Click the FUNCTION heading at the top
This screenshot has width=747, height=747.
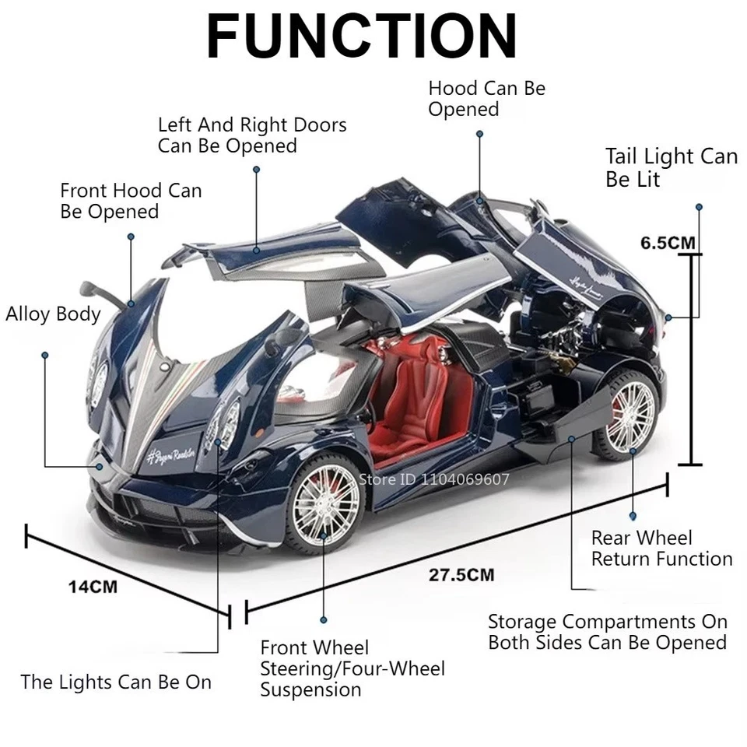pyautogui.click(x=362, y=36)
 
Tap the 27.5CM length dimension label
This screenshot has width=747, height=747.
pyautogui.click(x=461, y=576)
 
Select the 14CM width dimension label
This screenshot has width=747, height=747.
pyautogui.click(x=92, y=586)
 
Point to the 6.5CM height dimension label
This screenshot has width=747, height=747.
pyautogui.click(x=668, y=242)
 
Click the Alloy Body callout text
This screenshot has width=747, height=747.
pyautogui.click(x=53, y=314)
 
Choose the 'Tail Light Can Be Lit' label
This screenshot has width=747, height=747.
pyautogui.click(x=671, y=167)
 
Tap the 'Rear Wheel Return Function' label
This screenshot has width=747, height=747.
pyautogui.click(x=661, y=549)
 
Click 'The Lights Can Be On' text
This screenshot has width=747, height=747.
pyautogui.click(x=116, y=682)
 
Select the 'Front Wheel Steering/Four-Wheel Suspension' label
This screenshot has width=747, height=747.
pyautogui.click(x=352, y=668)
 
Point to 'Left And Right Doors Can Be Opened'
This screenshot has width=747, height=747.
pyautogui.click(x=252, y=135)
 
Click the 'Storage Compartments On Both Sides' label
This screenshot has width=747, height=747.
pyautogui.click(x=607, y=632)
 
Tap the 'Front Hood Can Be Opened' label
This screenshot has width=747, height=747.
pyautogui.click(x=131, y=201)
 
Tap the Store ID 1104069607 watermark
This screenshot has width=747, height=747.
pyautogui.click(x=433, y=479)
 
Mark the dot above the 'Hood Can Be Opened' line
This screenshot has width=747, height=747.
pyautogui.click(x=480, y=134)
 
